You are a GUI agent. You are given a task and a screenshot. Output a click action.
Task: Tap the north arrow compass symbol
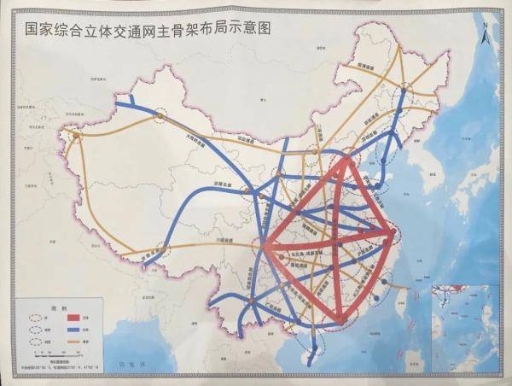pos(483,37)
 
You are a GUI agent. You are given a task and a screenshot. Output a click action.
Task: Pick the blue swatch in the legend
pos(90,327)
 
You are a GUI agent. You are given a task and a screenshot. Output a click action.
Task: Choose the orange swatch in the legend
pos(90,340)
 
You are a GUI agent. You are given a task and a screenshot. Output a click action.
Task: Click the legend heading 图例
pos(59,305)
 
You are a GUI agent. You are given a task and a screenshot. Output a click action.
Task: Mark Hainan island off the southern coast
pos(314,347)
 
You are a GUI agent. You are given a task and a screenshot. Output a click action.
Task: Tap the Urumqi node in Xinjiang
pos(160,117)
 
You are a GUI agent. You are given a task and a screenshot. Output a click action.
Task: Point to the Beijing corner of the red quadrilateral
pos(346,159)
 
